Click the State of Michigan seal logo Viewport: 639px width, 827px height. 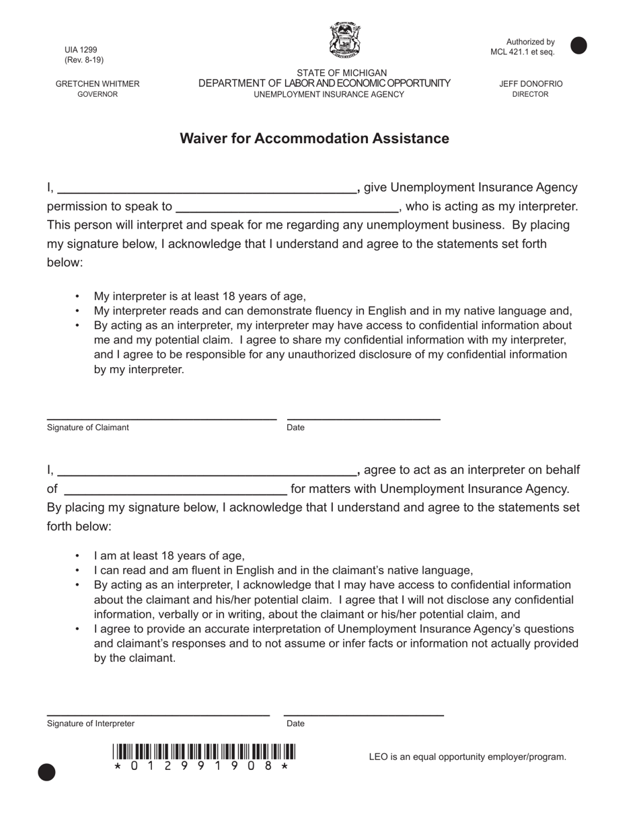[x=344, y=40]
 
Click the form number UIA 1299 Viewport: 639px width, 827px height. [x=81, y=50]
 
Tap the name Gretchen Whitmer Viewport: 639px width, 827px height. [x=98, y=84]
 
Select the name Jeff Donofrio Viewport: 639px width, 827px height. [x=531, y=84]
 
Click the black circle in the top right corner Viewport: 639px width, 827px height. [x=578, y=45]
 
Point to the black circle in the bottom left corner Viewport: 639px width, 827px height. [x=46, y=773]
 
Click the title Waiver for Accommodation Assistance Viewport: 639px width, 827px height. [x=314, y=139]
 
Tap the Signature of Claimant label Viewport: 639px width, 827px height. [x=88, y=428]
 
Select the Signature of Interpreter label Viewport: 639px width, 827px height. [x=91, y=723]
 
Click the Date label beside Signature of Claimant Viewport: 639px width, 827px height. [x=295, y=428]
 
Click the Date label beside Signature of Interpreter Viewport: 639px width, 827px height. [x=295, y=723]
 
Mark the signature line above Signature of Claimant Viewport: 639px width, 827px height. [x=161, y=418]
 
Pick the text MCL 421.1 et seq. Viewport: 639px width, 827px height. [x=523, y=52]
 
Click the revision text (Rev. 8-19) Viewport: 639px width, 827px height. [x=84, y=60]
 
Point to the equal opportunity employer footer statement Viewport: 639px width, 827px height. [x=467, y=757]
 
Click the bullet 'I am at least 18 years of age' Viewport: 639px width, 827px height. [x=170, y=556]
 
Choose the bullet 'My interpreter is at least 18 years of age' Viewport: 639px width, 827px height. [x=200, y=297]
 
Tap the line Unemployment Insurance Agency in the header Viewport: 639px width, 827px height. [x=329, y=94]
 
